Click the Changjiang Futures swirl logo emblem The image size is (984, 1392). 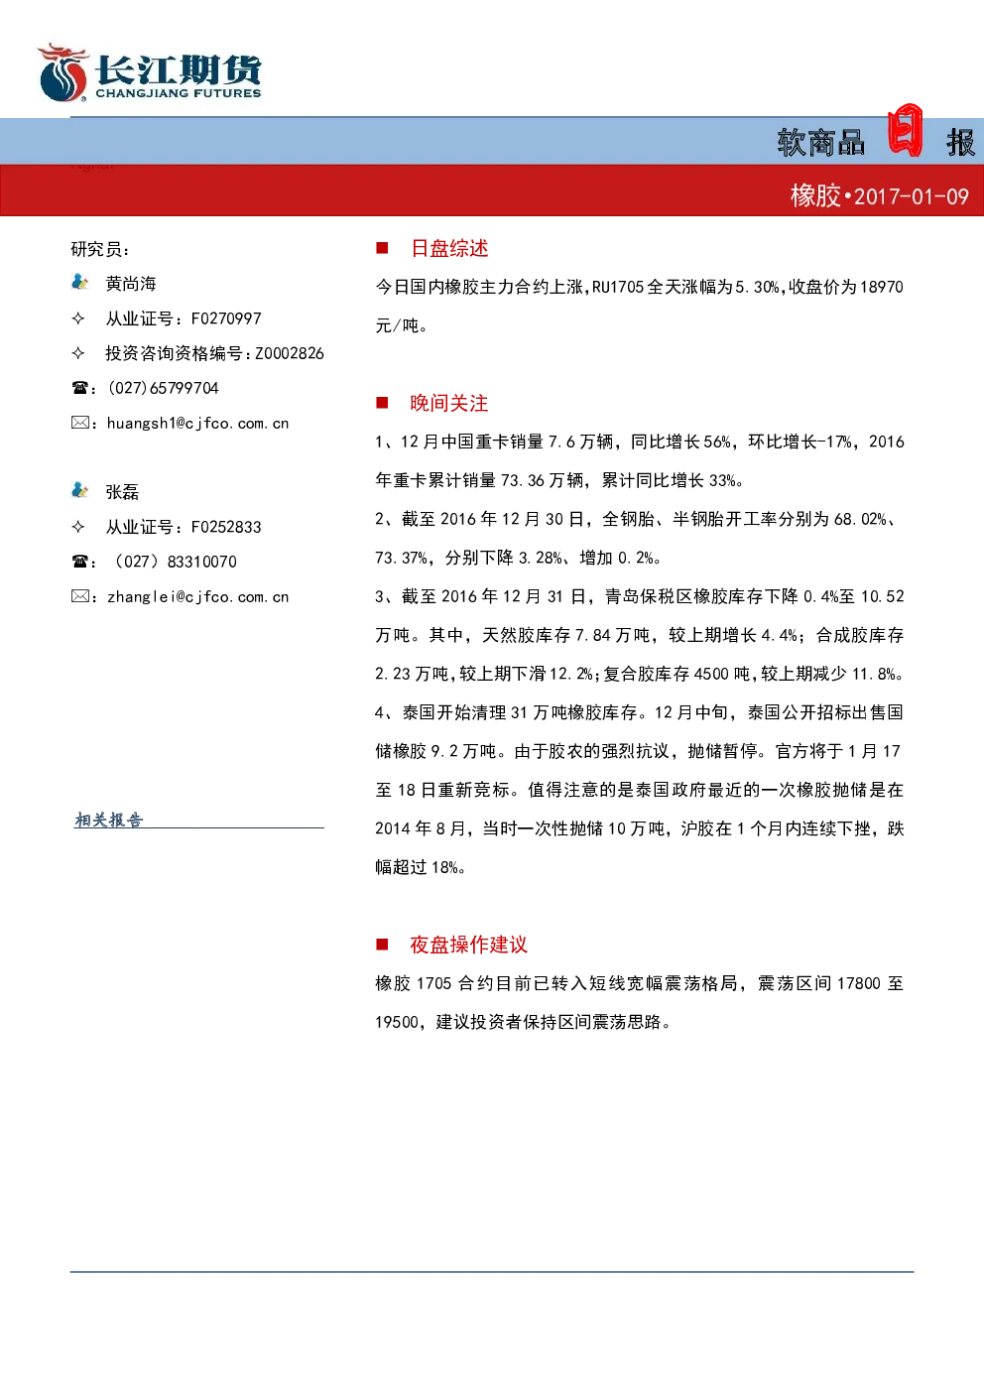[x=62, y=72]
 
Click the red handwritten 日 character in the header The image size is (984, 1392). [x=905, y=130]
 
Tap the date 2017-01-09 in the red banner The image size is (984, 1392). [x=912, y=197]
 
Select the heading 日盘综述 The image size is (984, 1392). [x=449, y=249]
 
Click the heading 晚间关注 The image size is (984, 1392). [x=449, y=403]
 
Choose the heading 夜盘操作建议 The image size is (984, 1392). [x=468, y=945]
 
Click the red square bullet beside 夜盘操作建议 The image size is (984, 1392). [x=382, y=945]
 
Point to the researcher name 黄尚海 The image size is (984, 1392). [x=131, y=284]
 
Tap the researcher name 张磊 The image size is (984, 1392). [x=122, y=492]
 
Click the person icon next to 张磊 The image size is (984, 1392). [x=79, y=490]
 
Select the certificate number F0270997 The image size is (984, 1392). [x=226, y=318]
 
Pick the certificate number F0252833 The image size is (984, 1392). [x=226, y=527]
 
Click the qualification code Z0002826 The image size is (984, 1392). [x=290, y=353]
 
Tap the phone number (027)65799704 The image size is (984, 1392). [x=164, y=388]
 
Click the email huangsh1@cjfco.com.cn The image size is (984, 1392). [x=198, y=424]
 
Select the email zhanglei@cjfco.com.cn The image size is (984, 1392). [x=198, y=596]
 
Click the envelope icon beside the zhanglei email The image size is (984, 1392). [x=79, y=596]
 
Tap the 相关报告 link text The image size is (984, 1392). [x=109, y=820]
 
